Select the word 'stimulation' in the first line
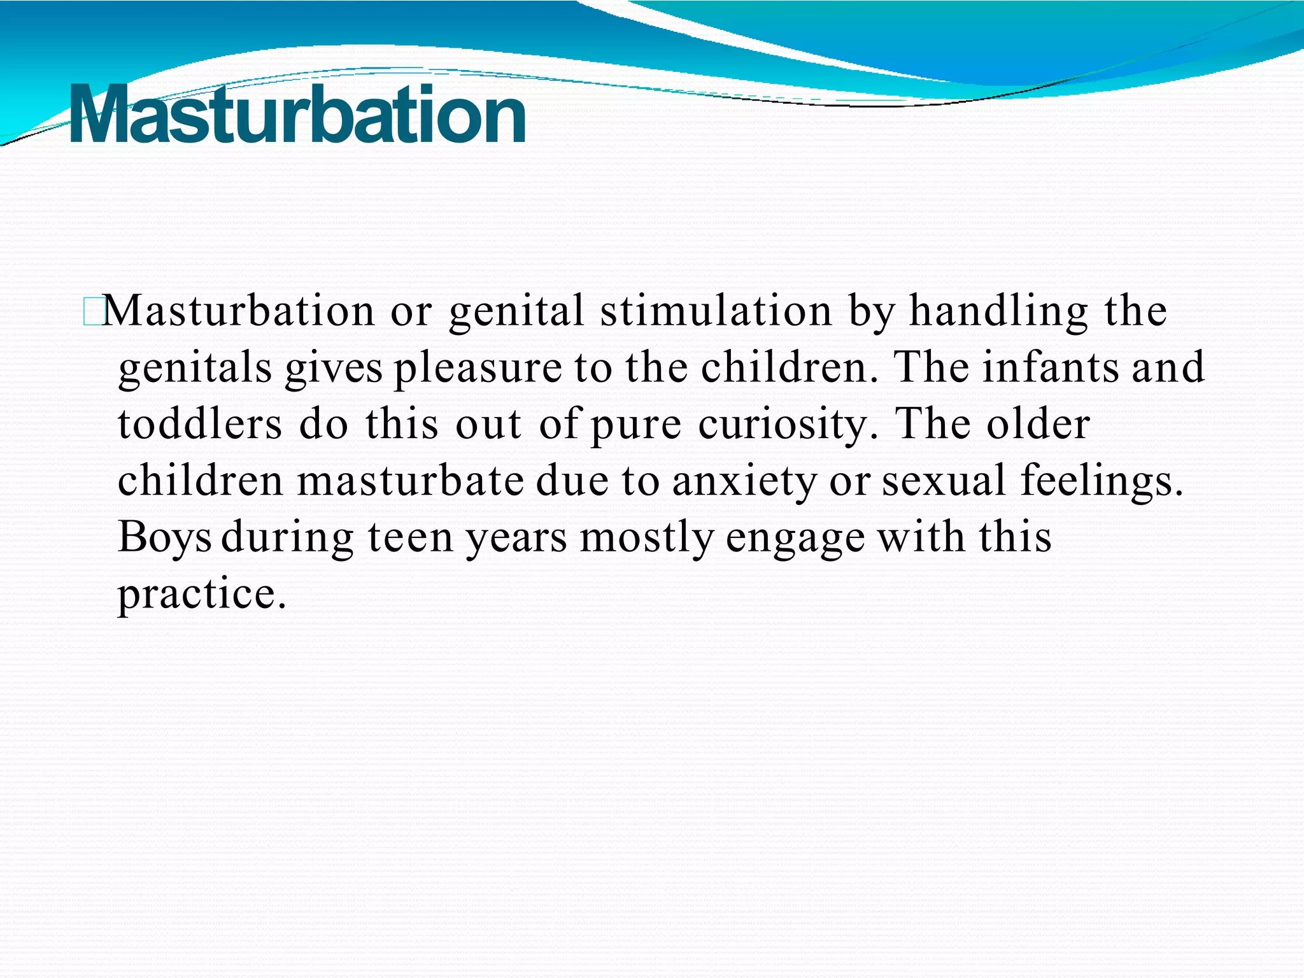(716, 312)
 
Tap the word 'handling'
(998, 312)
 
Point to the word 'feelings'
(1102, 482)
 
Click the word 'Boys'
(164, 538)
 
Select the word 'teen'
(410, 538)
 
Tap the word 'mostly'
(647, 538)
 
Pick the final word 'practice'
(201, 595)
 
